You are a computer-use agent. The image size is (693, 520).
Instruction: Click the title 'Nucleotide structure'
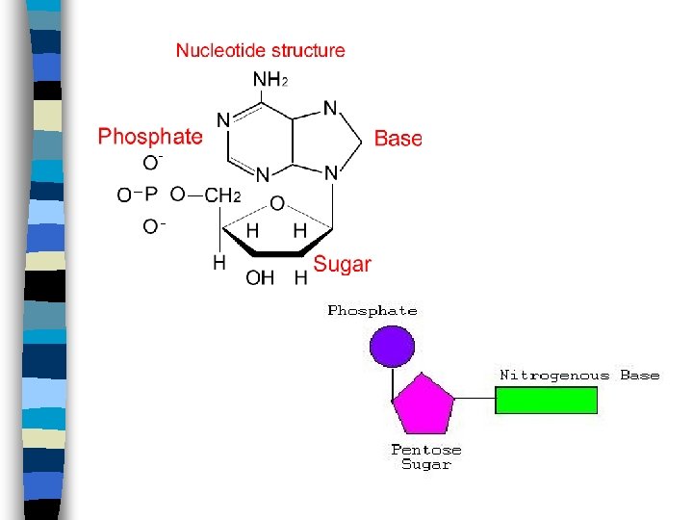[x=260, y=50]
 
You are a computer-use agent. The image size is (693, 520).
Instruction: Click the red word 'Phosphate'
[x=150, y=137]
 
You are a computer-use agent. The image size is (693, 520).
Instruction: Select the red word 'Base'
[x=398, y=139]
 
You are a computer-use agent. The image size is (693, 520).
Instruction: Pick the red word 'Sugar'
[x=343, y=263]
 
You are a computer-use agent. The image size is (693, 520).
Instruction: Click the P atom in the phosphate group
[x=151, y=195]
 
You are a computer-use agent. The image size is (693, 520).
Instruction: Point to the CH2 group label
[x=222, y=195]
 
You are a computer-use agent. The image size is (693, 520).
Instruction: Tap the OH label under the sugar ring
[x=260, y=277]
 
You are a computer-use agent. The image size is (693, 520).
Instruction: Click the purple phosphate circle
[x=393, y=345]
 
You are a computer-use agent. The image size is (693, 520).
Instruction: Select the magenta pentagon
[x=421, y=405]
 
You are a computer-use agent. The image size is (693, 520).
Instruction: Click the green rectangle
[x=547, y=400]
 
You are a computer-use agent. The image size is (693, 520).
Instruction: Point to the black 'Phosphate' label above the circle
[x=372, y=311]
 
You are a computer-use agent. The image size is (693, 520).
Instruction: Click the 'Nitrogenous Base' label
[x=579, y=375]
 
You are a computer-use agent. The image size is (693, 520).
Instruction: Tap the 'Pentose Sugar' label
[x=426, y=456]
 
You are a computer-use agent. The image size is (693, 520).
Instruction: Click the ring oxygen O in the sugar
[x=277, y=203]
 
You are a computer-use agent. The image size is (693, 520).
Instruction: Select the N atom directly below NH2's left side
[x=223, y=120]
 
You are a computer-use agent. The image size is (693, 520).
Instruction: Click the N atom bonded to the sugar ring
[x=330, y=174]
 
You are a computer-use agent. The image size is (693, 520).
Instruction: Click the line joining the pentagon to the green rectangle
[x=474, y=400]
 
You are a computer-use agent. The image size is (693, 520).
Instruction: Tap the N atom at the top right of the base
[x=330, y=109]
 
